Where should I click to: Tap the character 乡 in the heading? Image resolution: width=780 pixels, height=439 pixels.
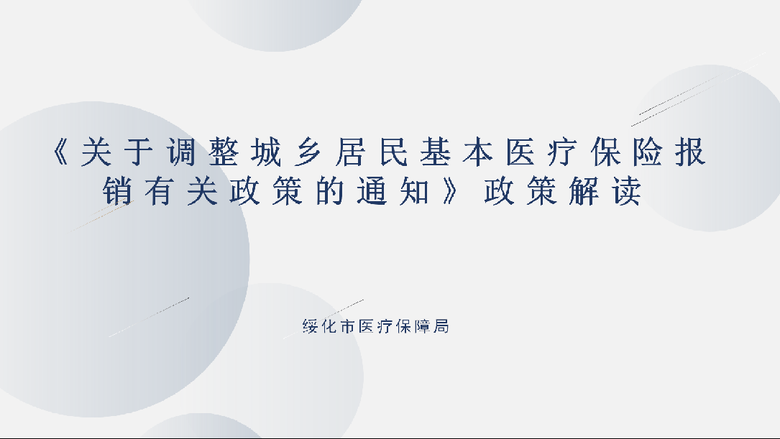click(x=308, y=152)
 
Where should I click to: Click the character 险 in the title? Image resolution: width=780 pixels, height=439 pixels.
click(x=648, y=152)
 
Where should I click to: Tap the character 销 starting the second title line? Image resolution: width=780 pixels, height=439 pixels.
click(x=117, y=191)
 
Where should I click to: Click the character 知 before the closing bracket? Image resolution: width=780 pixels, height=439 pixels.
click(x=414, y=191)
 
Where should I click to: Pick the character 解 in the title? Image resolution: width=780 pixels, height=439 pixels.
click(x=584, y=191)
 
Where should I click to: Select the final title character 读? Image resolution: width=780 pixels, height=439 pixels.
click(x=627, y=191)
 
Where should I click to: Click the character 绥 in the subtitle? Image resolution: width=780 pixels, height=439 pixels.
click(x=310, y=326)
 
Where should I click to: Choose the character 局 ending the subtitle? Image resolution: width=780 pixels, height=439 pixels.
click(x=441, y=326)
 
